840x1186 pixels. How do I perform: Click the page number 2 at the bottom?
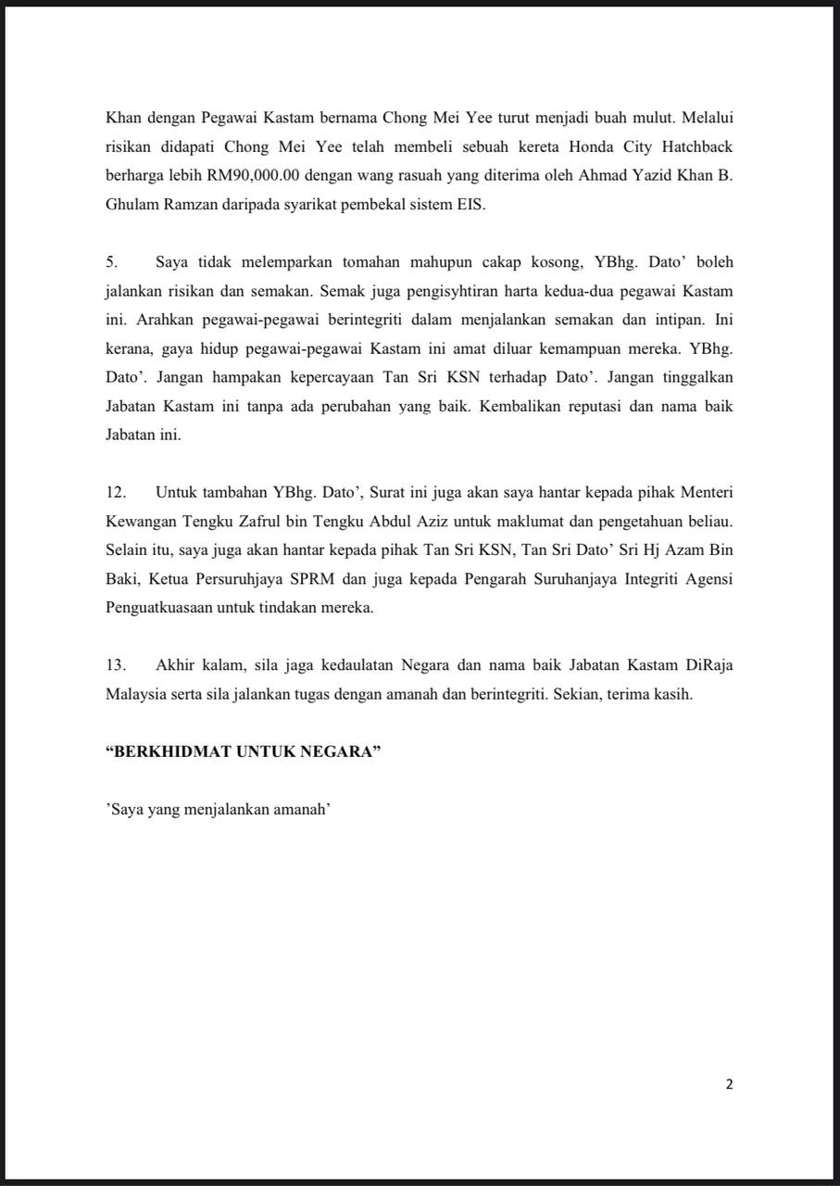point(729,1085)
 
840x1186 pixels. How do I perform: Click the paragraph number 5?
point(110,262)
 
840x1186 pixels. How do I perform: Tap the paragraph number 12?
point(115,492)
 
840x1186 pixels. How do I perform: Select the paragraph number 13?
point(115,664)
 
